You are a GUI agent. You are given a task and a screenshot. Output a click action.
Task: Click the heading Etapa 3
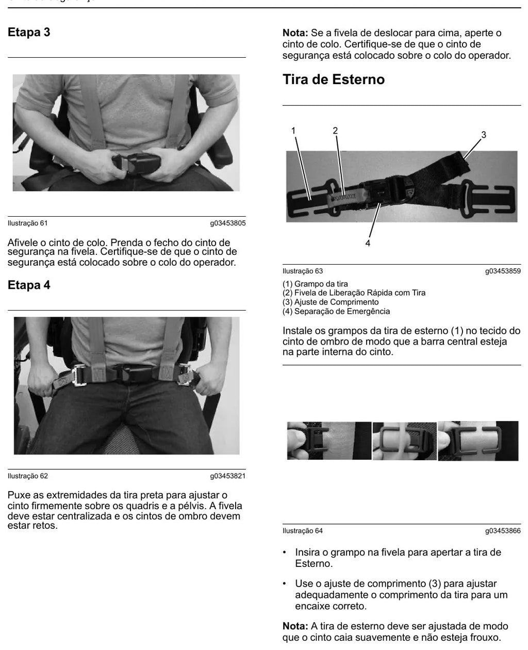click(x=29, y=32)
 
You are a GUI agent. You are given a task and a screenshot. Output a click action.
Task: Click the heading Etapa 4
click(x=29, y=285)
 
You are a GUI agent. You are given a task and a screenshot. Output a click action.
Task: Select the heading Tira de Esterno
click(x=334, y=79)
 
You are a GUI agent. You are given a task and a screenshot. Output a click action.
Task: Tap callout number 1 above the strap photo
click(x=293, y=131)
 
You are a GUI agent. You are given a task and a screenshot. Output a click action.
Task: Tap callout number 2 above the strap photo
click(x=335, y=131)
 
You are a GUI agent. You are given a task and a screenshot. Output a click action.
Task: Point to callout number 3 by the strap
click(x=484, y=135)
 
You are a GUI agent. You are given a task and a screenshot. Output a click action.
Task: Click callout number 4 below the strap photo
click(x=368, y=243)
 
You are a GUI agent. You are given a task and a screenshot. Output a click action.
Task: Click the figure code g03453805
click(x=227, y=223)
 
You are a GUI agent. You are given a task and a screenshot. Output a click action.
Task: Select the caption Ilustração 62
click(x=28, y=476)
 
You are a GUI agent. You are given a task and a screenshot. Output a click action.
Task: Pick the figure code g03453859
click(x=503, y=271)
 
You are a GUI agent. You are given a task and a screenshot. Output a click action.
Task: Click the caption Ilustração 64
click(x=303, y=531)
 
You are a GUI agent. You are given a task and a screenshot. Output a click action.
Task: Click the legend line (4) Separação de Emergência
click(x=336, y=311)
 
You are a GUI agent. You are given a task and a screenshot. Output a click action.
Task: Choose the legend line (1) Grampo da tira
click(x=315, y=284)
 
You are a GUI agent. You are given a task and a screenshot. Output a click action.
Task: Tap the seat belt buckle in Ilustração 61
click(x=136, y=163)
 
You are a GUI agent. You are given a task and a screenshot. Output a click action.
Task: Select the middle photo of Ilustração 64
click(x=404, y=441)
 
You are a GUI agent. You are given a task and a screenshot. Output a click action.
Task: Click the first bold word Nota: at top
click(x=295, y=33)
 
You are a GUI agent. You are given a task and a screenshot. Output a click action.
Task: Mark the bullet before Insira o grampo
click(x=285, y=553)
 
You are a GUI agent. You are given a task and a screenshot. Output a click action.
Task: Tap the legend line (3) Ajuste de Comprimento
click(x=331, y=302)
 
